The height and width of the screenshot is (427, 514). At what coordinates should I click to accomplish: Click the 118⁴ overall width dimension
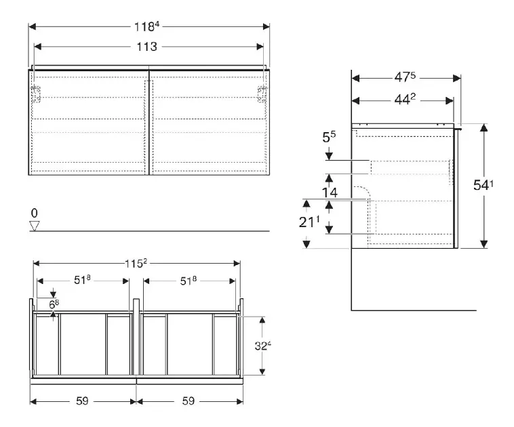tap(146, 26)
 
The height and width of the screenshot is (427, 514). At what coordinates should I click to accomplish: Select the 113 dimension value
tap(146, 47)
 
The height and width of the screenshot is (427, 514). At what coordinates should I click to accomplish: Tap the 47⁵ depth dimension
tap(405, 77)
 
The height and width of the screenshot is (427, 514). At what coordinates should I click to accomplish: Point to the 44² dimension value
tap(405, 99)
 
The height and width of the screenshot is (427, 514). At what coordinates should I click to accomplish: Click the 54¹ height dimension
tap(483, 185)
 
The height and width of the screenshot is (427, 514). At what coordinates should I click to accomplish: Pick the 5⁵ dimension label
tap(329, 137)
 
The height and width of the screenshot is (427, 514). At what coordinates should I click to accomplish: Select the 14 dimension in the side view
tap(330, 192)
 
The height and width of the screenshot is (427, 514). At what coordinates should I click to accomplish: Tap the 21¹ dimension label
tap(309, 222)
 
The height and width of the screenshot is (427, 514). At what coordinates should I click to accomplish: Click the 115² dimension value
tap(136, 263)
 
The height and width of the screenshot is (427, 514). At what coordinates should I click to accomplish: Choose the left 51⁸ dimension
tap(82, 280)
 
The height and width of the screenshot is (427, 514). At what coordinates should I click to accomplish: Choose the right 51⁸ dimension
tap(188, 281)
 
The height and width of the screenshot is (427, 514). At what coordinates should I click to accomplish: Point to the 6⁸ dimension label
tap(54, 304)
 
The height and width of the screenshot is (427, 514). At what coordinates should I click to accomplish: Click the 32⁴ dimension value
tap(263, 346)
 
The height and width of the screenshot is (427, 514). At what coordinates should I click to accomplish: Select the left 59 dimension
tap(82, 401)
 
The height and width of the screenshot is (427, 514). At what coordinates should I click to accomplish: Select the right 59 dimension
tap(188, 401)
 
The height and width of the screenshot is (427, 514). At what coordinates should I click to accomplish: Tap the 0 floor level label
tap(34, 213)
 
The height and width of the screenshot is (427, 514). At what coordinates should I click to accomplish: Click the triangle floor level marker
tap(35, 226)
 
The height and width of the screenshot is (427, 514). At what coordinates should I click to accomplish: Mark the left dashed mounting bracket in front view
tap(36, 94)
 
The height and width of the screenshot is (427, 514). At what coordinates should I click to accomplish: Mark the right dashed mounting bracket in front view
tap(262, 94)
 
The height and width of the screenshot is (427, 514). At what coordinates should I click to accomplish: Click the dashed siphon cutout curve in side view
tap(361, 193)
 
